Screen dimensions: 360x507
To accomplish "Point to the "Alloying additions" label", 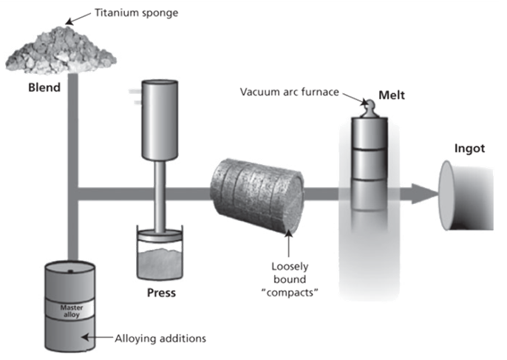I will tap(160, 339).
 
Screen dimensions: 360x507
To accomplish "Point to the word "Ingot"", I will tap(469, 148).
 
